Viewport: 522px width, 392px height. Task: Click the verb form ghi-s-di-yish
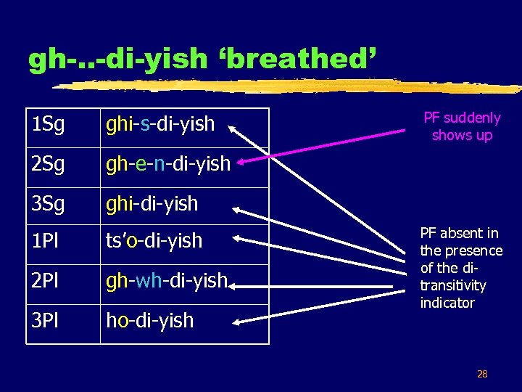click(x=160, y=124)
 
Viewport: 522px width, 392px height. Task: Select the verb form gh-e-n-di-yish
click(x=168, y=164)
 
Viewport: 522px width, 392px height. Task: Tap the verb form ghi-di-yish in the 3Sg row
click(x=152, y=204)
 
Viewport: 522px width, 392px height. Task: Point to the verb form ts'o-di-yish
click(x=154, y=240)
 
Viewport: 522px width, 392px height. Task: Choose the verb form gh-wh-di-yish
click(x=167, y=280)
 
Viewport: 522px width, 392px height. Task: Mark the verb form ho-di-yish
click(x=149, y=320)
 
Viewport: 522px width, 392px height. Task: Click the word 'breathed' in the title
click(x=297, y=59)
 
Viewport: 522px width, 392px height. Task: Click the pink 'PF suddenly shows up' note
click(x=462, y=126)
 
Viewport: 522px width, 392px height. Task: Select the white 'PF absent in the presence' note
click(x=461, y=268)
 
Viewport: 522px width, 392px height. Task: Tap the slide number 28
click(x=481, y=375)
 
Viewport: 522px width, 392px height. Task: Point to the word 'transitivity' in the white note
click(x=453, y=285)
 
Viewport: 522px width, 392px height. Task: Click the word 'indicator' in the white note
click(x=447, y=303)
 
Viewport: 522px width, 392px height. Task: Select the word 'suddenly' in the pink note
click(x=472, y=118)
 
